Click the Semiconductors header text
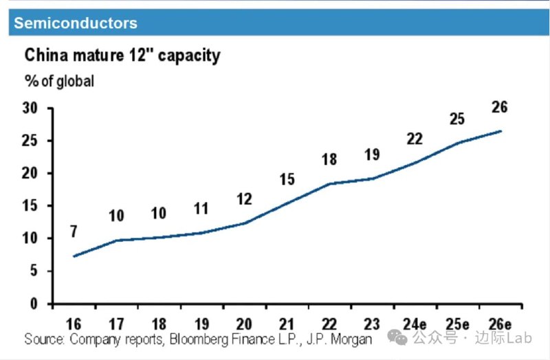[76, 23]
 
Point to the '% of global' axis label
[60, 81]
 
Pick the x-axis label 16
[74, 324]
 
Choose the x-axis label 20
[244, 324]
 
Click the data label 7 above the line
[73, 232]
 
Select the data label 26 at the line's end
[500, 107]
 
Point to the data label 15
[287, 180]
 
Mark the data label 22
[415, 139]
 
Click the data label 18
[329, 159]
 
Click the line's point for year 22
[330, 183]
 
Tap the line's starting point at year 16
[74, 256]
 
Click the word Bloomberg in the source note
[200, 339]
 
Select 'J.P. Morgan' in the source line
[339, 339]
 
